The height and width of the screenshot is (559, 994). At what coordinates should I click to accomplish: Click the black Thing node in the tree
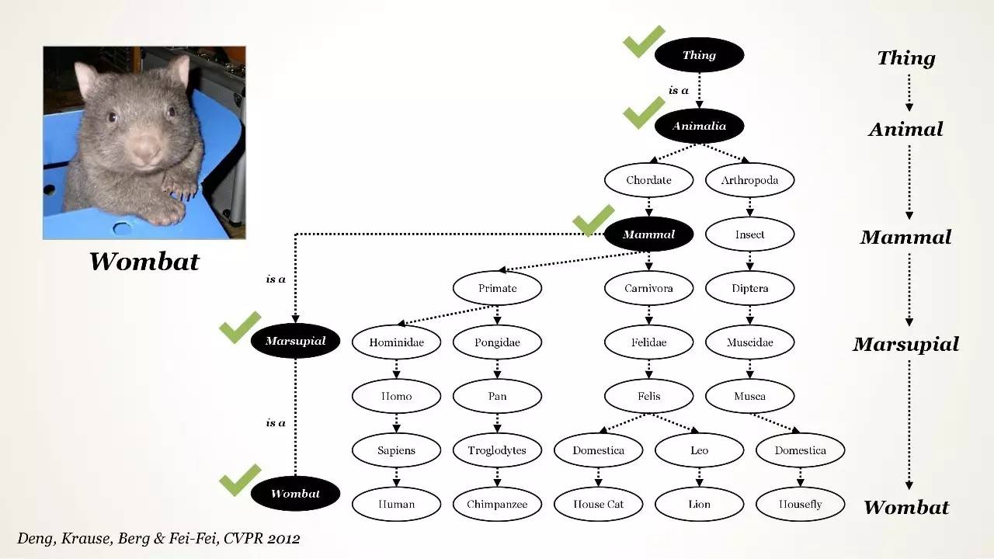click(699, 55)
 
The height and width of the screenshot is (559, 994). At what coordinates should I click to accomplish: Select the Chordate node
click(648, 180)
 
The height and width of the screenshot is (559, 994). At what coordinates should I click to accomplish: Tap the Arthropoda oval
click(749, 180)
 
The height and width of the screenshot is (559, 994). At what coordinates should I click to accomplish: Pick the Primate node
click(497, 288)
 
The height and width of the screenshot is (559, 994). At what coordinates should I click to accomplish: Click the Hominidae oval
click(396, 342)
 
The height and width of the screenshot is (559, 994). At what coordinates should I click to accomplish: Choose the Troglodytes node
click(497, 450)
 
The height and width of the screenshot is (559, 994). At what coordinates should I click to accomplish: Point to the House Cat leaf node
click(598, 504)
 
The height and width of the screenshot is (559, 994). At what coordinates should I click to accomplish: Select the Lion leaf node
click(699, 504)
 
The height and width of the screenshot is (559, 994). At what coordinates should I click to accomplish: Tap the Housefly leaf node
click(800, 504)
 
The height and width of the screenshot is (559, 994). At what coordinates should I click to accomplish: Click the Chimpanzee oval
click(497, 504)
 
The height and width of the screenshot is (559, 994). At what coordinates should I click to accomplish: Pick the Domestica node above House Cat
click(598, 450)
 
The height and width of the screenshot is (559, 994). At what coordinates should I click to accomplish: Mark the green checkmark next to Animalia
click(644, 113)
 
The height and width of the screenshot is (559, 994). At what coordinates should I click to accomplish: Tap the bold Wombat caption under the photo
click(144, 261)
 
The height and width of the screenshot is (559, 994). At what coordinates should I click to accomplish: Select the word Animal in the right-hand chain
click(905, 130)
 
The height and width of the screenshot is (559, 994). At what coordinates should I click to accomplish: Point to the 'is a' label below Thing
click(679, 91)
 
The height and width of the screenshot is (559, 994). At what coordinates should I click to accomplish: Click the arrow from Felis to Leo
click(676, 423)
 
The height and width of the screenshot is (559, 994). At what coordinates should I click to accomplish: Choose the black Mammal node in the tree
click(648, 234)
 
